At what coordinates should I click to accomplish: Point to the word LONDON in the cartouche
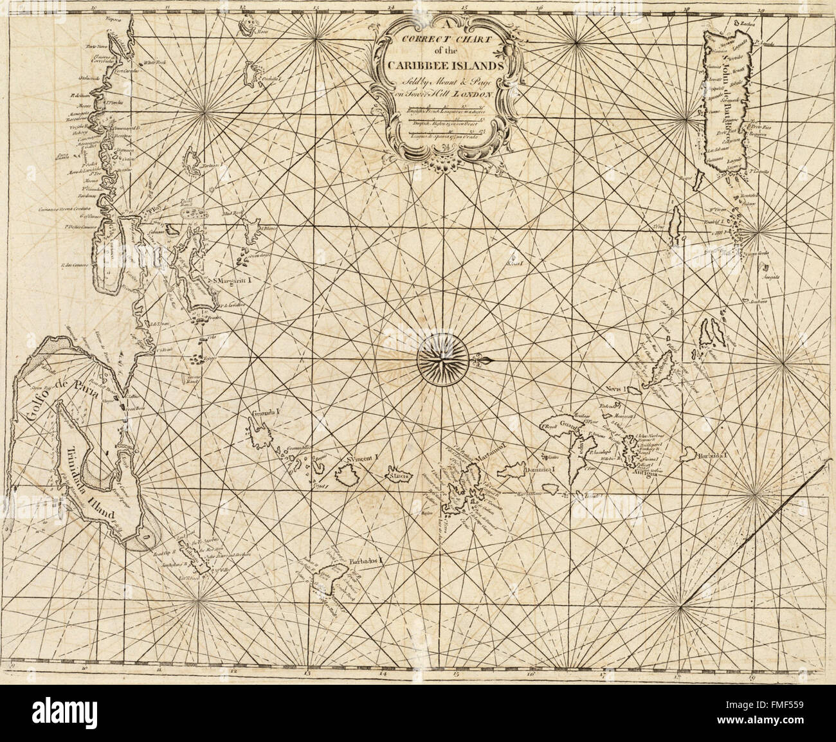click(x=474, y=94)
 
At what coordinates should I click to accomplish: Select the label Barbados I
click(x=365, y=560)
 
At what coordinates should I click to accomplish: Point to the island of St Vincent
click(x=349, y=476)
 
